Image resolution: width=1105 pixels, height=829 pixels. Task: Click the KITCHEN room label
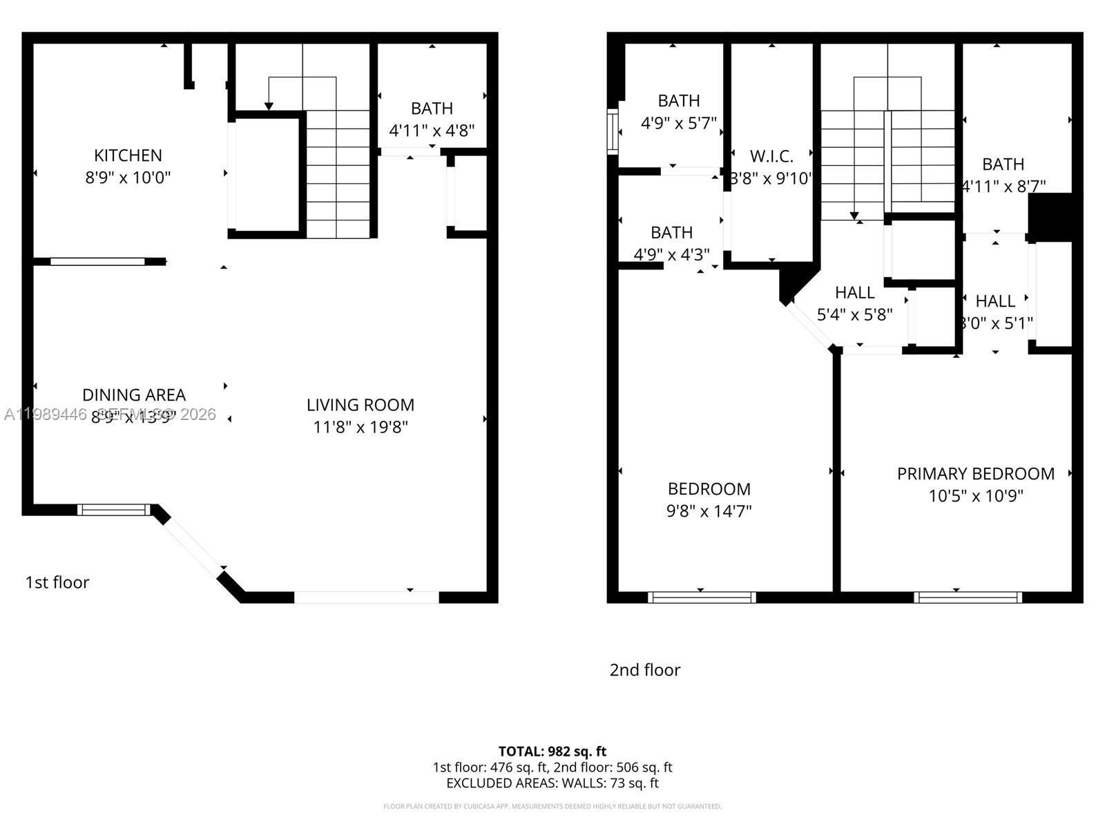(128, 155)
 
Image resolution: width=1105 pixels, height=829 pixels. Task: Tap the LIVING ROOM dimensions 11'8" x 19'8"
(361, 427)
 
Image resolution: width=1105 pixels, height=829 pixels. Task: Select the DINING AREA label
(134, 395)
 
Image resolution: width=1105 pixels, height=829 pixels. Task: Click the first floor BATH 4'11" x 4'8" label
(432, 119)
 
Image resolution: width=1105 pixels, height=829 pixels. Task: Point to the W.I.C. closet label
(771, 156)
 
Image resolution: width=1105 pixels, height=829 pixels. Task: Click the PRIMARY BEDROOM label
(975, 474)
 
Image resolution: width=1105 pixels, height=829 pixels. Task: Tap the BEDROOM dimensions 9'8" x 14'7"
(709, 511)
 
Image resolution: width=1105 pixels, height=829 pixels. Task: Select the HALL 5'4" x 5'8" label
(854, 303)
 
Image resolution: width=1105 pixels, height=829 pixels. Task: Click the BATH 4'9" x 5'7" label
(678, 112)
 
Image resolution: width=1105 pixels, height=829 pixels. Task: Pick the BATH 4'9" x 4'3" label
(671, 243)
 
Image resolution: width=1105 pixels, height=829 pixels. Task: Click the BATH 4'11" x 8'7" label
(1003, 175)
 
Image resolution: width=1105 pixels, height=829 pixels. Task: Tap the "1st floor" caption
(57, 582)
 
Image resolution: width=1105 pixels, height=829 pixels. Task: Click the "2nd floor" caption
(644, 670)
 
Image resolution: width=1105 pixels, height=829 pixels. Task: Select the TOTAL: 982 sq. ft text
(552, 751)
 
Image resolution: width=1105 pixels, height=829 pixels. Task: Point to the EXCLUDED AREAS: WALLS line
(552, 783)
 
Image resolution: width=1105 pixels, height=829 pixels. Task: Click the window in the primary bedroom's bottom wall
(968, 598)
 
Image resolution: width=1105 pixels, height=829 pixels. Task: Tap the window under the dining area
(113, 510)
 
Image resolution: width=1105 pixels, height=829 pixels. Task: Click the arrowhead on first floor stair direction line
(269, 106)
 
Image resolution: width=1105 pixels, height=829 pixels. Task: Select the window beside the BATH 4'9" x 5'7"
(612, 131)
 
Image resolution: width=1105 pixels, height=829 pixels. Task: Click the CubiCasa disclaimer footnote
(552, 806)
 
